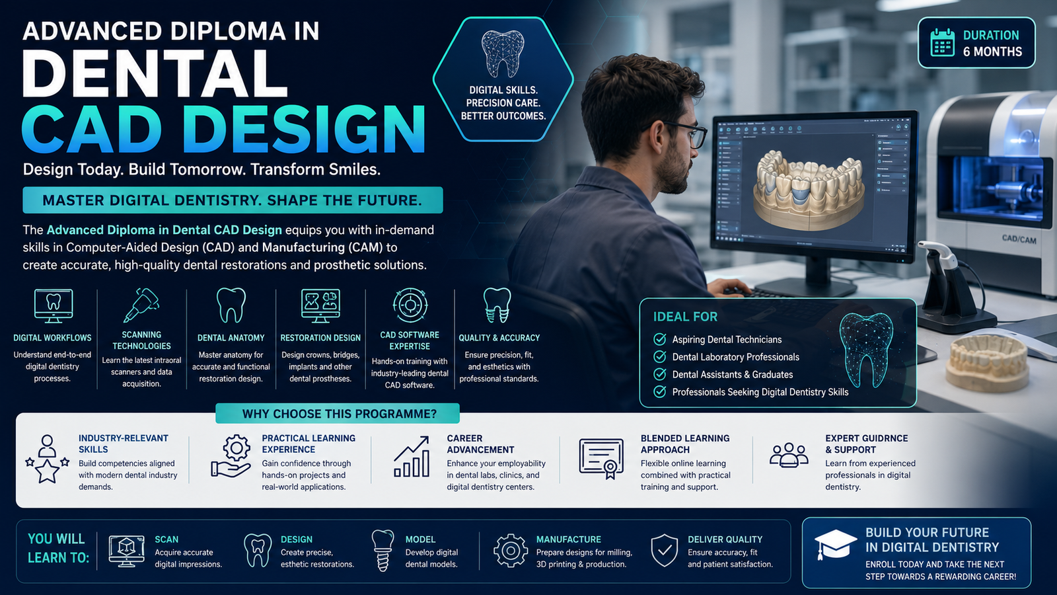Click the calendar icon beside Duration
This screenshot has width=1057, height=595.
point(942,42)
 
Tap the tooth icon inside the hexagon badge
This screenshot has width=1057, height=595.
point(503,54)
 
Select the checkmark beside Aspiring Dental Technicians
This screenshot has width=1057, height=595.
point(660,339)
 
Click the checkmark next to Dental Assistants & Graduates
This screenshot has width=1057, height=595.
point(660,374)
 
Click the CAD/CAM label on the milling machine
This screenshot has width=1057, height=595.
point(1019,239)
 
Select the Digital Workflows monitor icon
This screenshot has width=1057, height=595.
point(54,306)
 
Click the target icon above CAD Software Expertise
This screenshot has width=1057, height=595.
point(410,305)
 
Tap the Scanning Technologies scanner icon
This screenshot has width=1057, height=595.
point(141,305)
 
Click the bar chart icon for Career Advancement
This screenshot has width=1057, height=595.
point(412,457)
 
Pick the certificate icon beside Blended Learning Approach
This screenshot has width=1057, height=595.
point(601,459)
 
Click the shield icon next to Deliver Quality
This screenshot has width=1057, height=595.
point(665,551)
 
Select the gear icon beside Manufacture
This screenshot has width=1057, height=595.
point(510,551)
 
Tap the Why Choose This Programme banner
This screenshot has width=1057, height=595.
point(338,414)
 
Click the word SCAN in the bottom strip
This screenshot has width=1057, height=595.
point(166,539)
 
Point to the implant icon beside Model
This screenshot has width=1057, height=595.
point(383,551)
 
